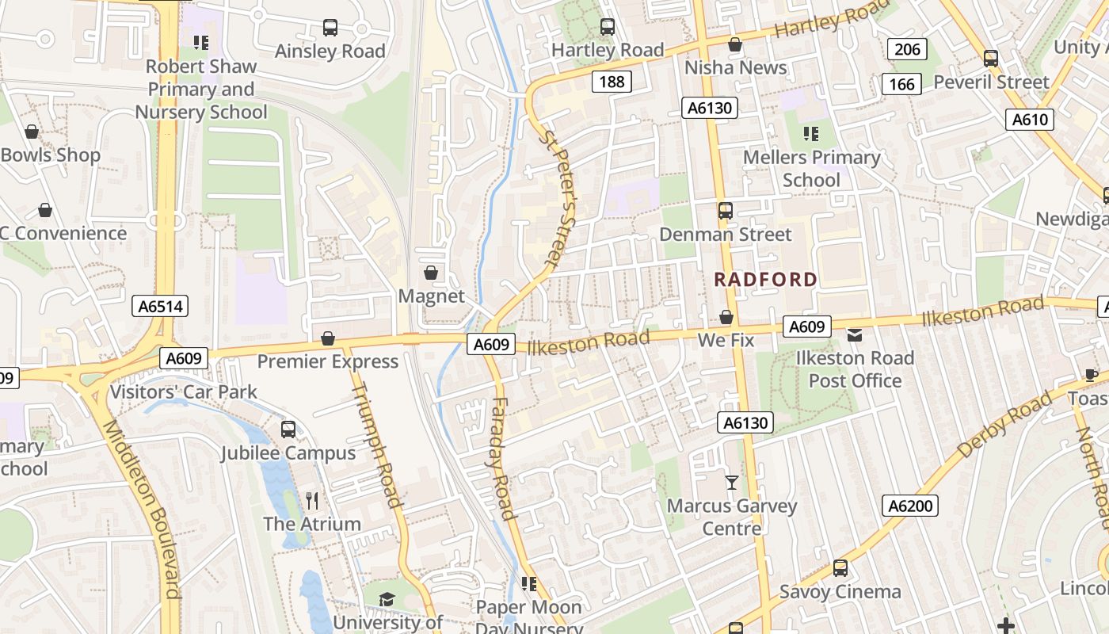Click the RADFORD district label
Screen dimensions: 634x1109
pyautogui.click(x=765, y=279)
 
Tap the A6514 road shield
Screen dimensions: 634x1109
pyautogui.click(x=160, y=307)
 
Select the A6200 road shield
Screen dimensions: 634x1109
pyautogui.click(x=910, y=506)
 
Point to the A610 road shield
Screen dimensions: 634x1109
pyautogui.click(x=1030, y=120)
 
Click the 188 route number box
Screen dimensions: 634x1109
pyautogui.click(x=612, y=82)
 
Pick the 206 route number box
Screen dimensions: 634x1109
pyautogui.click(x=907, y=49)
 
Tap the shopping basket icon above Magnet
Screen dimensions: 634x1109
pyautogui.click(x=431, y=273)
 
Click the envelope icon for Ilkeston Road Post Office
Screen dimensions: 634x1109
pyautogui.click(x=855, y=335)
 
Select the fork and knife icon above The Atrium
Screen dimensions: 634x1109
pyautogui.click(x=312, y=500)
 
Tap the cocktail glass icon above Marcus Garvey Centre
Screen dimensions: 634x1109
pyautogui.click(x=731, y=482)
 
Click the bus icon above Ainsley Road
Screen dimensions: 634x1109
pyautogui.click(x=330, y=28)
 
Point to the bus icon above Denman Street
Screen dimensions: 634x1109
pyautogui.click(x=726, y=211)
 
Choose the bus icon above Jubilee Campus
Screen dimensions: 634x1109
pyautogui.click(x=288, y=430)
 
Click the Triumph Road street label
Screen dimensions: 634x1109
pyautogui.click(x=378, y=444)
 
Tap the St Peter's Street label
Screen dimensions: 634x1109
pyautogui.click(x=559, y=198)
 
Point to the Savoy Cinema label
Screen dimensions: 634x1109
pyautogui.click(x=840, y=591)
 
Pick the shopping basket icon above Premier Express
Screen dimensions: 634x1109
pyautogui.click(x=328, y=339)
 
